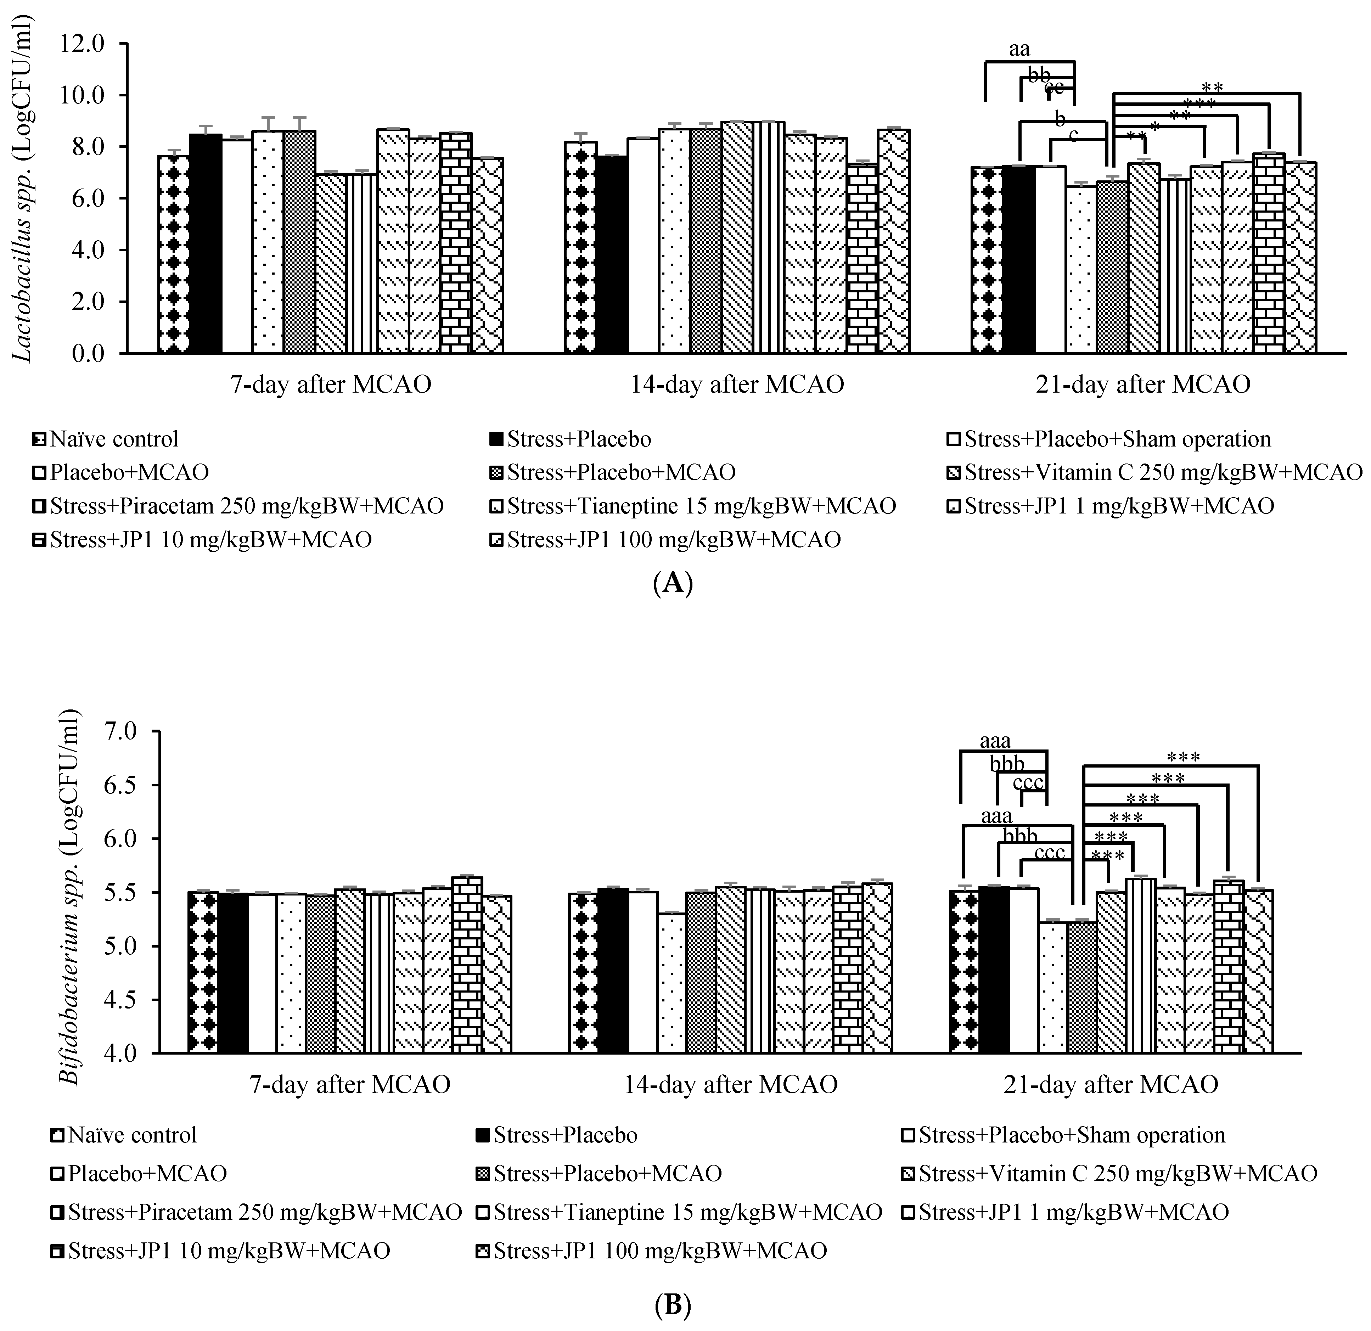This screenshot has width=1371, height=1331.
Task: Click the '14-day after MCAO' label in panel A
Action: coord(737,384)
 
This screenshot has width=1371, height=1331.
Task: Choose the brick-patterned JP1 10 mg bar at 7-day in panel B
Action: coord(467,965)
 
